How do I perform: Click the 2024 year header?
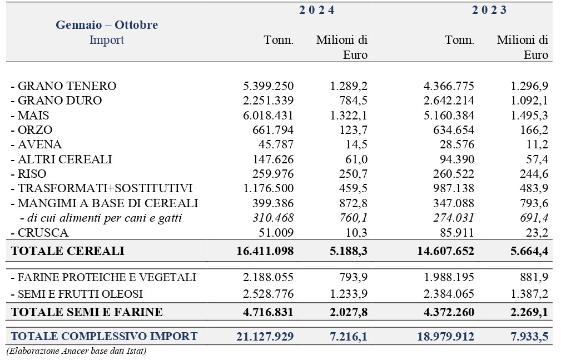pyautogui.click(x=316, y=10)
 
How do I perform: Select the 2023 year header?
pyautogui.click(x=489, y=10)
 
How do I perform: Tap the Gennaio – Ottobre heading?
pyautogui.click(x=107, y=24)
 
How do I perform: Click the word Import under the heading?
pyautogui.click(x=107, y=39)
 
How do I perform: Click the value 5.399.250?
pyautogui.click(x=269, y=86)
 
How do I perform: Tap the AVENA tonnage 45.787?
pyautogui.click(x=276, y=144)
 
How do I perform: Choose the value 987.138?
pyautogui.click(x=453, y=188)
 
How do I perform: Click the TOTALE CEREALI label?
pyautogui.click(x=68, y=251)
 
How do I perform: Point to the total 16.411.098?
pyautogui.click(x=265, y=251)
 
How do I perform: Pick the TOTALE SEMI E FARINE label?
pyautogui.click(x=87, y=312)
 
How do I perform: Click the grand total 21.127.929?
pyautogui.click(x=265, y=337)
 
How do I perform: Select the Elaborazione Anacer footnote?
pyautogui.click(x=77, y=351)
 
